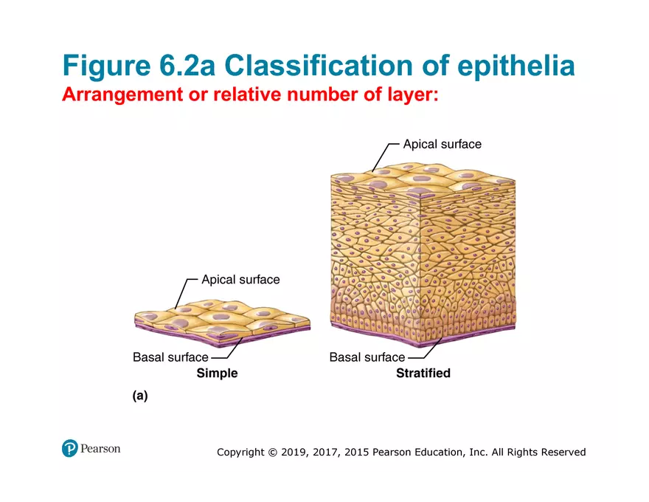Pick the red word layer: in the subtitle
(x=409, y=95)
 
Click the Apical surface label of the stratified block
(x=442, y=144)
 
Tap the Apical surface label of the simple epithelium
(x=240, y=280)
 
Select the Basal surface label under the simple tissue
(x=170, y=357)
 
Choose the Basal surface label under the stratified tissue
(x=367, y=357)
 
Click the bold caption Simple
(x=217, y=374)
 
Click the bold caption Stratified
(x=423, y=374)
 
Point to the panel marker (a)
(x=140, y=396)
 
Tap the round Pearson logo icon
(x=70, y=448)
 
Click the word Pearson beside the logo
(x=101, y=448)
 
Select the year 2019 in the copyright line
(x=294, y=452)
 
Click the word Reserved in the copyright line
(x=563, y=452)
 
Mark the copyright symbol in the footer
(x=272, y=452)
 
